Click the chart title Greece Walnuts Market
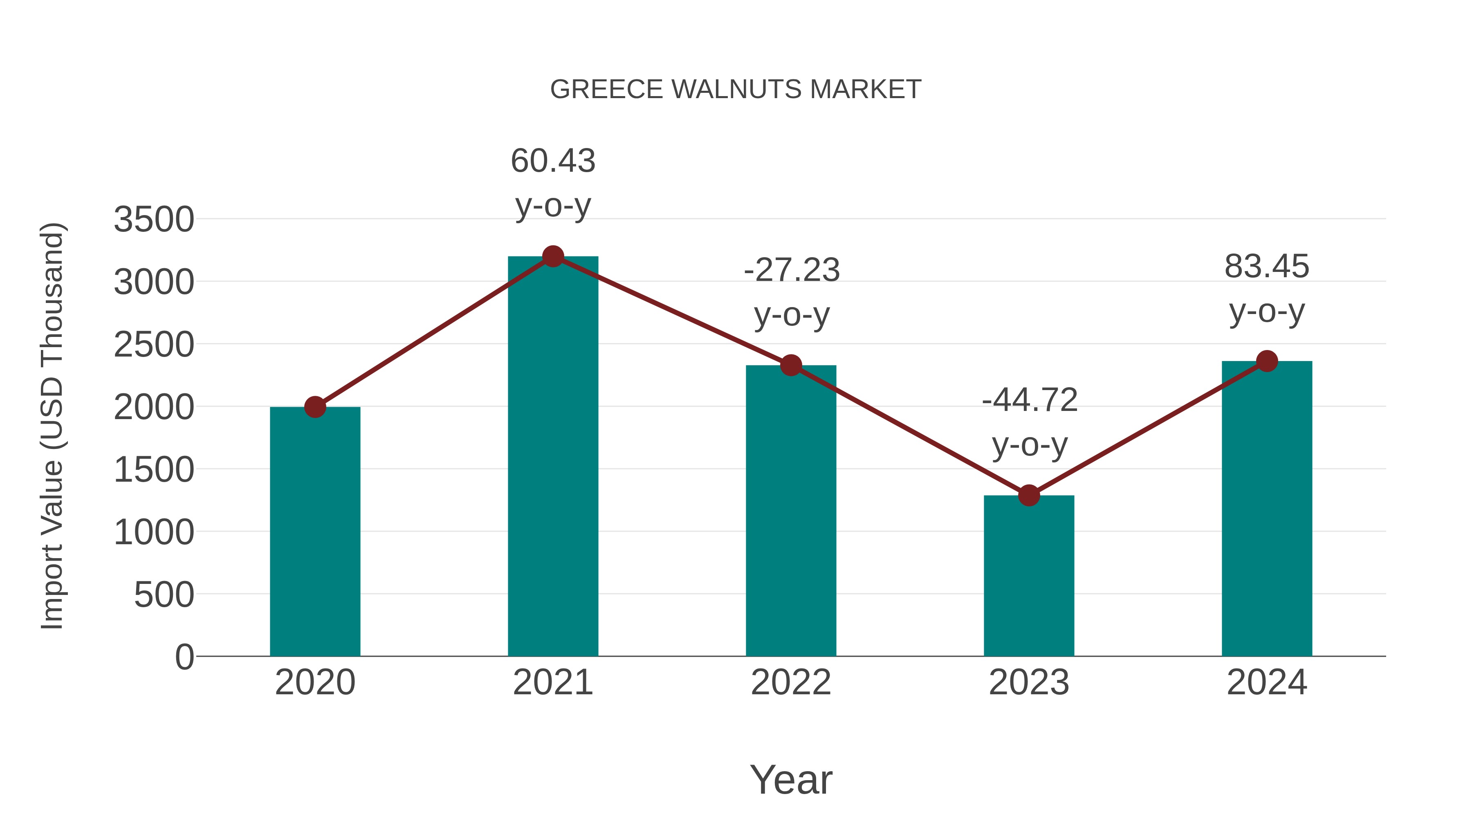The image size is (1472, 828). (x=736, y=90)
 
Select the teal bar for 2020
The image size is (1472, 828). (x=315, y=532)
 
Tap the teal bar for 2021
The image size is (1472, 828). (x=552, y=457)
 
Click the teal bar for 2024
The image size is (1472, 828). (x=1267, y=509)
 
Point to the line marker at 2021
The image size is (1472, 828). (x=552, y=256)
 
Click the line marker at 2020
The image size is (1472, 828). (x=315, y=407)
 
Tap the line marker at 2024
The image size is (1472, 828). (x=1267, y=361)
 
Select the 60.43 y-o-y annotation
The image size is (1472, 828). (x=552, y=183)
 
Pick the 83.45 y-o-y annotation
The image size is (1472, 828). (x=1267, y=289)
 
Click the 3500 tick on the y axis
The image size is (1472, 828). (x=154, y=220)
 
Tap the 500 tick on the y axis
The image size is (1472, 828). (x=164, y=595)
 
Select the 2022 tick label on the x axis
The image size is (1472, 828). (x=791, y=682)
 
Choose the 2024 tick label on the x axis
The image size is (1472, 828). (x=1267, y=682)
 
